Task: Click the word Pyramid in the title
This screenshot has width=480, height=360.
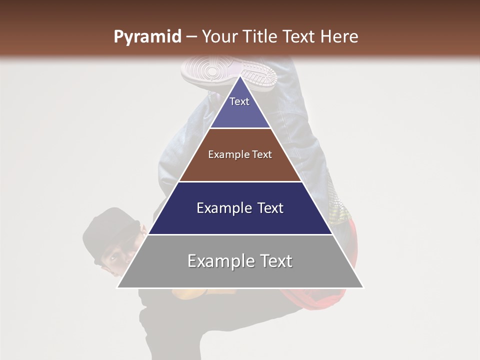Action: [x=147, y=37]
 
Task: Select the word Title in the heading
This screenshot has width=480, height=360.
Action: [x=262, y=36]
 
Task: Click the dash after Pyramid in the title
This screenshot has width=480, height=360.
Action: [x=191, y=37]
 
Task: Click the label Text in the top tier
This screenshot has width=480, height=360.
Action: [x=239, y=101]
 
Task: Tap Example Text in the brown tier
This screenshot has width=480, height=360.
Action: [x=240, y=154]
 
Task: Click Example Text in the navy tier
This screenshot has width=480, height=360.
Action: [x=240, y=208]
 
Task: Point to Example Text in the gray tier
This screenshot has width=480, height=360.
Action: [x=240, y=261]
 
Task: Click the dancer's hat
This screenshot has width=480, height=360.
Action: [x=107, y=230]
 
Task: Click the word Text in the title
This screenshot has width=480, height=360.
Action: [x=299, y=36]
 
